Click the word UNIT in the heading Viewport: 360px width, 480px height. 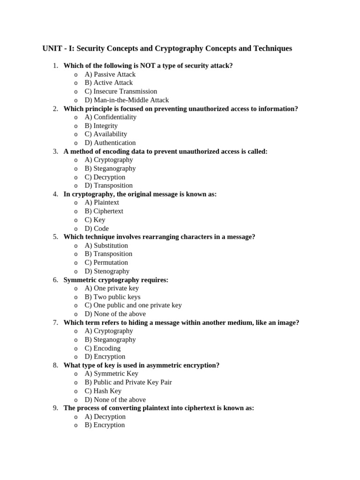pos(52,49)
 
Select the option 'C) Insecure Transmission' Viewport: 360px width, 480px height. pos(121,91)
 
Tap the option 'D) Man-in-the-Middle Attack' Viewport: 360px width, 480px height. pos(127,100)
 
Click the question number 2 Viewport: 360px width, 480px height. pos(55,109)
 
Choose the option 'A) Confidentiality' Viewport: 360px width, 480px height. pos(111,117)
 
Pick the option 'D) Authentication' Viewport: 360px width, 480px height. pos(110,142)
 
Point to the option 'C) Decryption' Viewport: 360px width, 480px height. pos(105,177)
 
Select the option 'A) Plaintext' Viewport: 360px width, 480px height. pos(102,202)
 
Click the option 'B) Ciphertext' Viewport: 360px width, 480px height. pos(104,211)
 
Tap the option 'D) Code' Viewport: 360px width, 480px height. pos(97,228)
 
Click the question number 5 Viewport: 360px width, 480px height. pos(55,237)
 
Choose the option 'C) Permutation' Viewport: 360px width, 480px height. pos(106,262)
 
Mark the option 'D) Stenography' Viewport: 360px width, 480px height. pos(107,271)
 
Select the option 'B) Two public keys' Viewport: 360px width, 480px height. pos(112,297)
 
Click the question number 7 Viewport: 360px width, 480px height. pos(55,322)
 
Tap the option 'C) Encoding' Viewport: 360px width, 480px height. pos(103,348)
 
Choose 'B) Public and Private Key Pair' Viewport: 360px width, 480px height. pos(128,382)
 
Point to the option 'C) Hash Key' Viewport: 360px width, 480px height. pos(103,391)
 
